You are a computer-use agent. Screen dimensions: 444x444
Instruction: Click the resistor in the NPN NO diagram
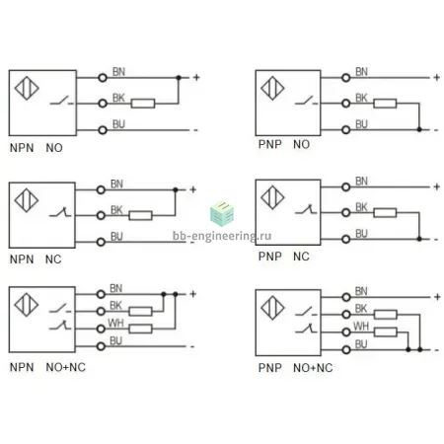[143, 104]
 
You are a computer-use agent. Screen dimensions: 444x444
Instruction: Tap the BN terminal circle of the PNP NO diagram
[345, 78]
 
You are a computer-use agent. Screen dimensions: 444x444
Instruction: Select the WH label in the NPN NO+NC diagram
[115, 324]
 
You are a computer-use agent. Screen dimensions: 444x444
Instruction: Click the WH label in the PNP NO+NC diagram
[361, 327]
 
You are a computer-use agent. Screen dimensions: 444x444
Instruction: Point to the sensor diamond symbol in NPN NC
[27, 200]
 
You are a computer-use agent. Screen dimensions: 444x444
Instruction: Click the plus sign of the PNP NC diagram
[437, 186]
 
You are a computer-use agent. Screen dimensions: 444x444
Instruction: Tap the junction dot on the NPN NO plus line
[179, 78]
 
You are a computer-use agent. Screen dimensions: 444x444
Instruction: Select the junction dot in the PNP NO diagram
[419, 129]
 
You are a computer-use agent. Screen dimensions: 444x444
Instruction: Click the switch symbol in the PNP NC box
[306, 209]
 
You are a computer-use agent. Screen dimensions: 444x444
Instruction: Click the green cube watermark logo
[222, 213]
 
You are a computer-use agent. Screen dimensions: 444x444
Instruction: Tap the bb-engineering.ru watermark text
[222, 236]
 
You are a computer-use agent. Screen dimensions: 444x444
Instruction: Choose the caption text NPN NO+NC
[47, 367]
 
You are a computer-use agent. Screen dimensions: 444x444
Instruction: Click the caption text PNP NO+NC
[295, 368]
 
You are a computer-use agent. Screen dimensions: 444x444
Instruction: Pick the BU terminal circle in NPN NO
[103, 130]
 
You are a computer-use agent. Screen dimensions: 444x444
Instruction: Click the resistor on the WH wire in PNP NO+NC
[385, 333]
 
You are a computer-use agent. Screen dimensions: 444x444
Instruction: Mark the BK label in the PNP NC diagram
[361, 207]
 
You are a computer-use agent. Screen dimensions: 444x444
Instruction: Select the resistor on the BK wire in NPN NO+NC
[140, 311]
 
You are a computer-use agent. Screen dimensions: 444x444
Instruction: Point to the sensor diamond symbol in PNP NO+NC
[272, 308]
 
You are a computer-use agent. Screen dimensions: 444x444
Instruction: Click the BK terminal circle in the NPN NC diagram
[101, 216]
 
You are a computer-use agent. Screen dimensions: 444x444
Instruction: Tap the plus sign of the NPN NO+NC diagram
[193, 294]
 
